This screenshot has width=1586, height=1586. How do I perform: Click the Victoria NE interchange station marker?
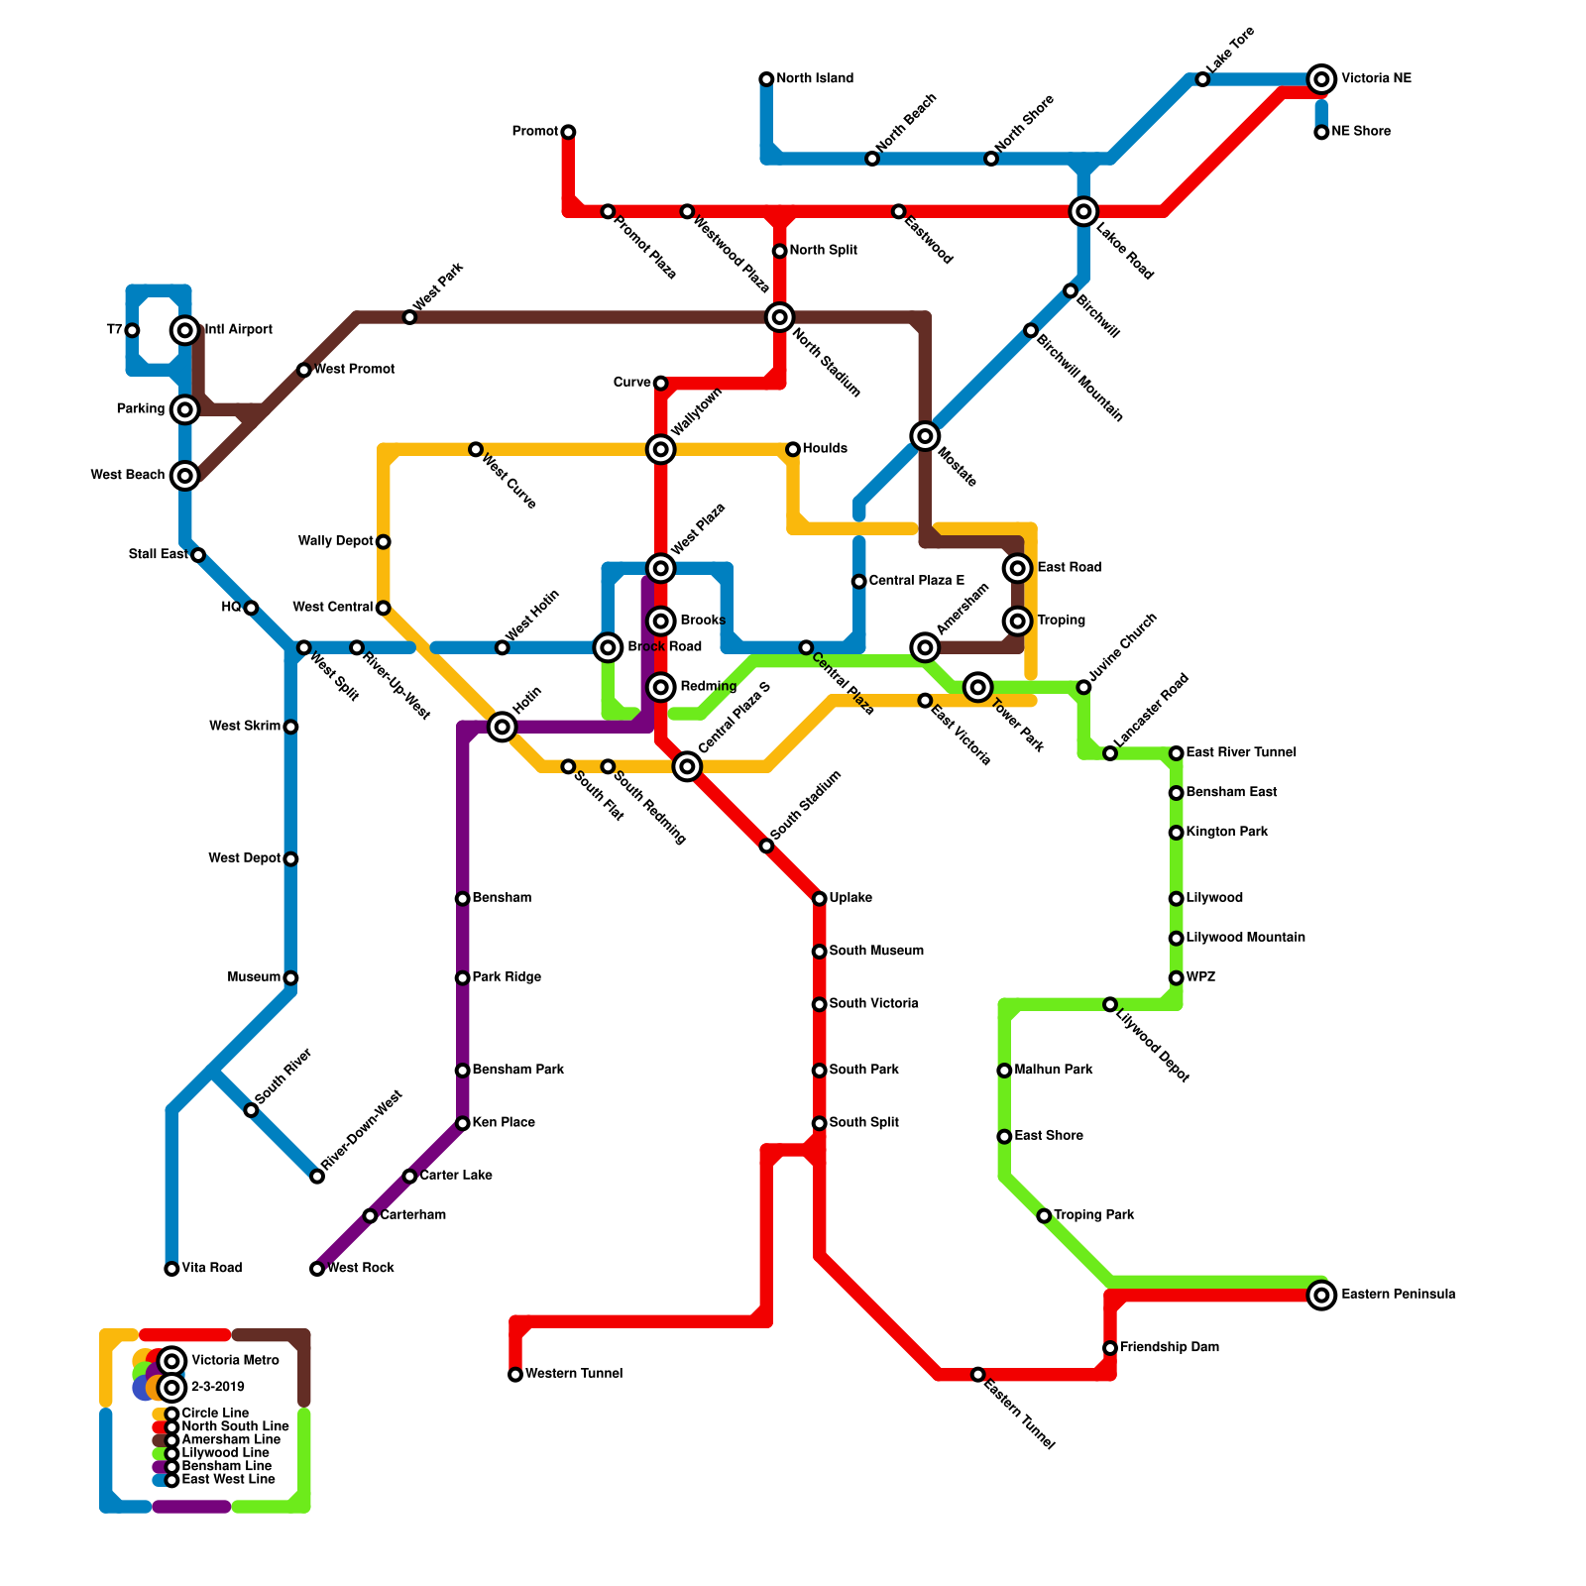tap(1321, 79)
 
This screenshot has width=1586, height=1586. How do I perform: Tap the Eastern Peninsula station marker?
tap(1321, 1295)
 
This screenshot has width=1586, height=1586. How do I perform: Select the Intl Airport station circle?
tap(185, 330)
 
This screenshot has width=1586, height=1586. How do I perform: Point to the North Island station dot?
tap(766, 79)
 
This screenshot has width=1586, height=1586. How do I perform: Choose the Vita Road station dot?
tap(171, 1269)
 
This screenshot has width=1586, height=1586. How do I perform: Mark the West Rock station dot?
tap(317, 1269)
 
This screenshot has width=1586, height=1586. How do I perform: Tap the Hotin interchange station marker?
tap(503, 728)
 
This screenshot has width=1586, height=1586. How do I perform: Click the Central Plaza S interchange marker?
tap(687, 766)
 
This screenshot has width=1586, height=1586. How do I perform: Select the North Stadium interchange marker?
tap(780, 317)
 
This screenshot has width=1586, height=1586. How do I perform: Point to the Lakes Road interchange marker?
tap(1083, 211)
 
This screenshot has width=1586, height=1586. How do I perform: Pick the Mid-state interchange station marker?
tap(925, 436)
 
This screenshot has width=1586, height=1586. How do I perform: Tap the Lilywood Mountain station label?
tap(1245, 938)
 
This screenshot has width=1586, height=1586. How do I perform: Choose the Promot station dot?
tap(568, 132)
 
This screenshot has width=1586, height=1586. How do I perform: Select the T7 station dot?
tap(132, 330)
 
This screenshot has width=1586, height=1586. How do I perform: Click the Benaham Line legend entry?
tap(226, 1466)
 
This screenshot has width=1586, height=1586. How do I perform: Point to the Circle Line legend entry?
tap(215, 1414)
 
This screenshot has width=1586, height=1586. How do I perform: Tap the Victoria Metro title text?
tap(235, 1360)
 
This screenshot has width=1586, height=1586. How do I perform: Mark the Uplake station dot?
tap(820, 899)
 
